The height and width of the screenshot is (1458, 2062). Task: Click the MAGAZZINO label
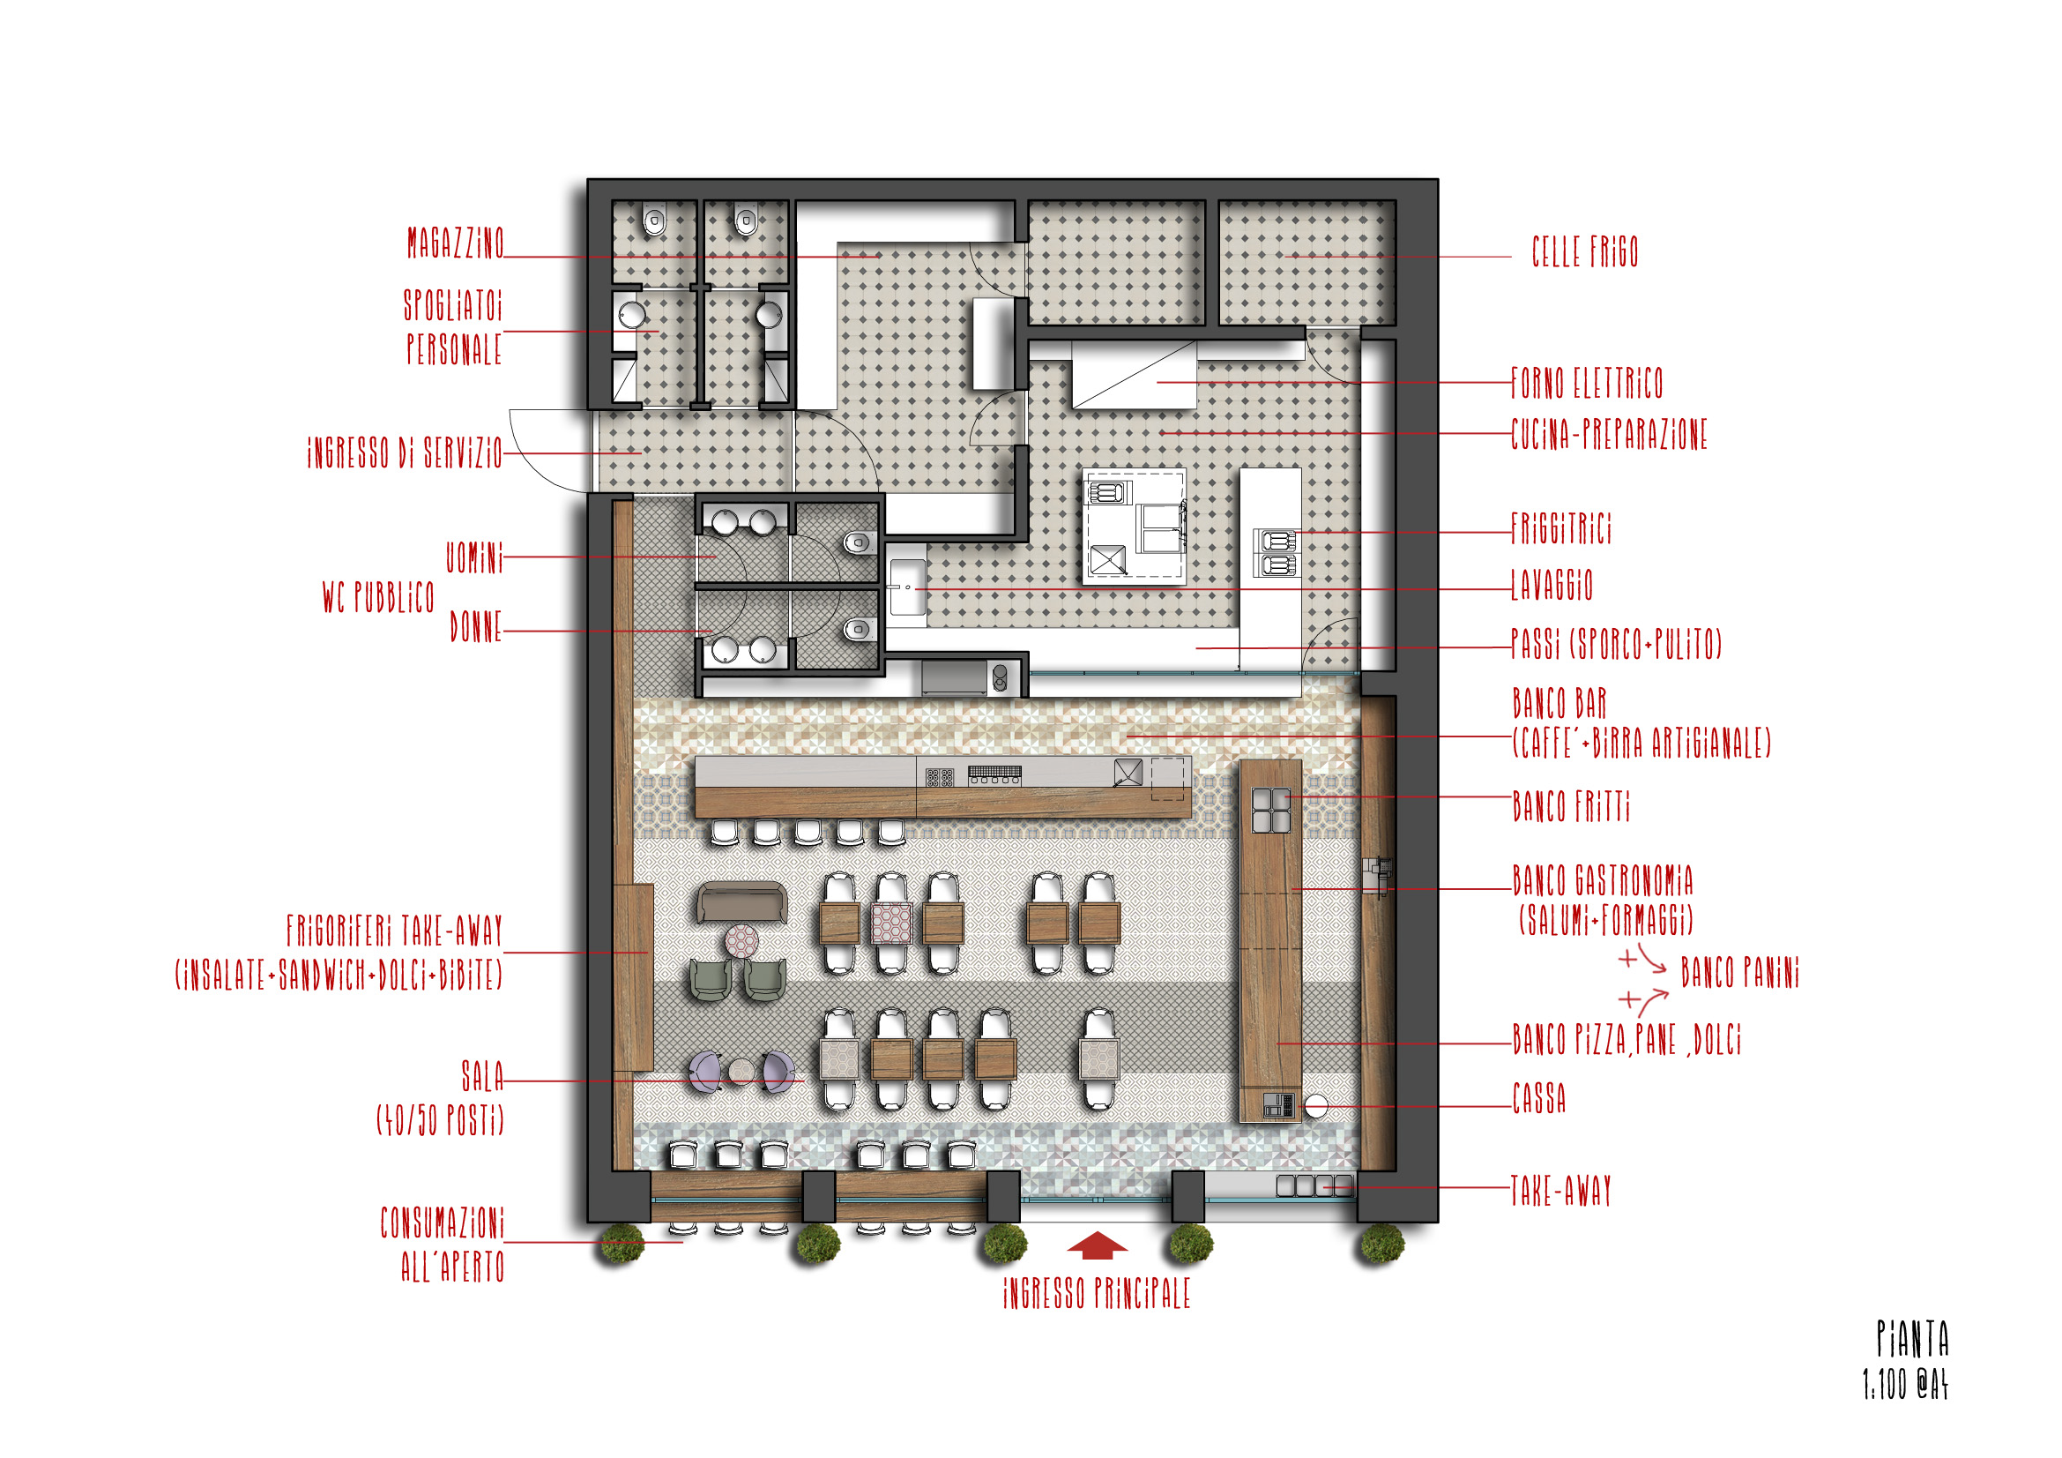(455, 243)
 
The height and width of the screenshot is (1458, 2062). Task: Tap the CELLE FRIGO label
(1585, 252)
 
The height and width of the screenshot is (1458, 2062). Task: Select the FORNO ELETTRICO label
(1587, 383)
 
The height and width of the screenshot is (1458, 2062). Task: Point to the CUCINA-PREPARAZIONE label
(1609, 435)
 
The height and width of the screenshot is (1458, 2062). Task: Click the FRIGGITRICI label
(1561, 528)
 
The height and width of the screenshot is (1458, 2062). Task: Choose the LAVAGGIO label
(1551, 585)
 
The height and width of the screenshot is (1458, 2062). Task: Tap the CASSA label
(1538, 1099)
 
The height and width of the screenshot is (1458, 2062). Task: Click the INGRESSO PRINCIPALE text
(1097, 1294)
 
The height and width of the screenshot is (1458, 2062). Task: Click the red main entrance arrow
(1097, 1245)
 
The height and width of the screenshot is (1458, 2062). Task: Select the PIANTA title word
(1912, 1339)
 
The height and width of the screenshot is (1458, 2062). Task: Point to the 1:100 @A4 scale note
(1905, 1384)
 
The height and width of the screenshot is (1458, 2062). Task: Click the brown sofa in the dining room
(741, 902)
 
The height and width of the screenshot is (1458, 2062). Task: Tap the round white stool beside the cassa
(1315, 1107)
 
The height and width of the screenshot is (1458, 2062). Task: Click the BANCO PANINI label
(1739, 973)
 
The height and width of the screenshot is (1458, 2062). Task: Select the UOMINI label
(474, 557)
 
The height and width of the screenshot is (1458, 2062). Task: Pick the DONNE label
(476, 627)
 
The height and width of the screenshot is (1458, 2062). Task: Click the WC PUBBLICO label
(378, 597)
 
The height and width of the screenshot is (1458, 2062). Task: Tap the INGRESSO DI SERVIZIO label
(405, 452)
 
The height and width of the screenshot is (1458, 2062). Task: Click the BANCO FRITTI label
(1571, 806)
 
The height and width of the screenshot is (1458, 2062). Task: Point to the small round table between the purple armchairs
(741, 1071)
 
